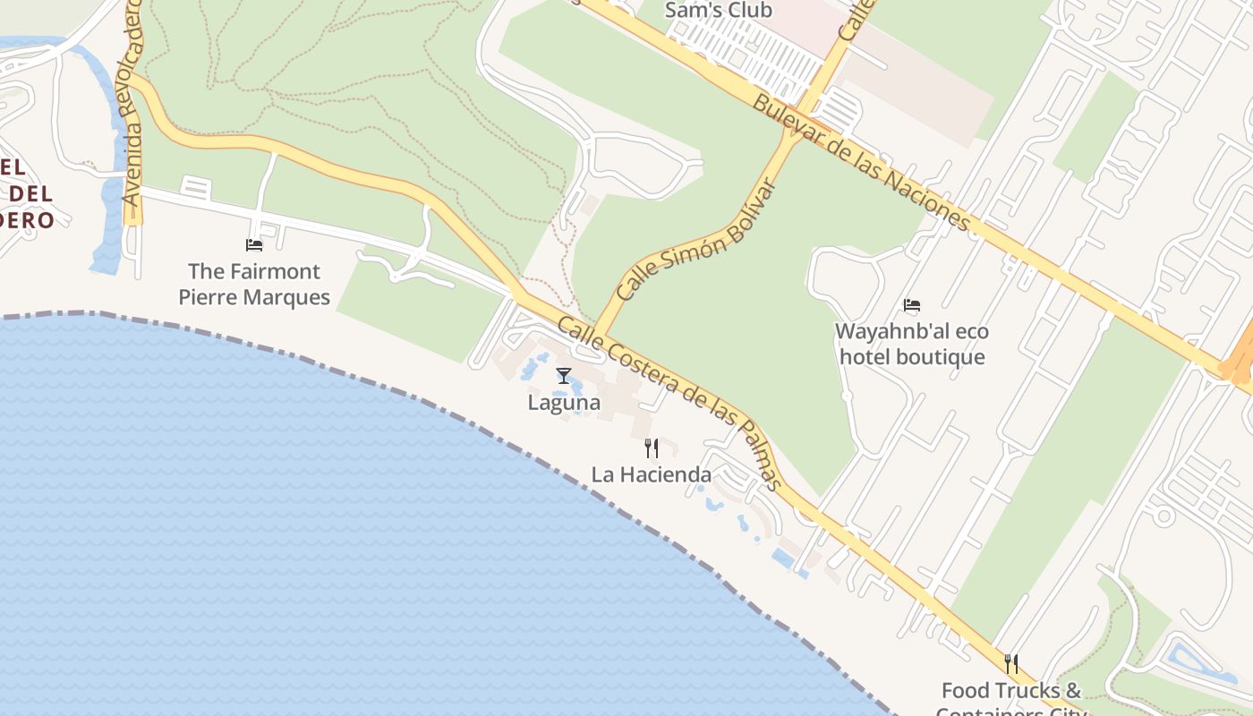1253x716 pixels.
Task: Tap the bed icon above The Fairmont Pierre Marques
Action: pyautogui.click(x=254, y=244)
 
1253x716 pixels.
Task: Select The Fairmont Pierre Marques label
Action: pyautogui.click(x=254, y=284)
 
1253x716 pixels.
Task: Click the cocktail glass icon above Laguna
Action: pyautogui.click(x=563, y=376)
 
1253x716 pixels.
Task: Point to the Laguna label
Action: pyautogui.click(x=564, y=403)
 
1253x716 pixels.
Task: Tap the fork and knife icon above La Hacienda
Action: pyautogui.click(x=652, y=447)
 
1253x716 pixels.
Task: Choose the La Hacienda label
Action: pyautogui.click(x=652, y=474)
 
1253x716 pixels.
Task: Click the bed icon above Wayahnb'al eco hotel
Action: pyautogui.click(x=911, y=305)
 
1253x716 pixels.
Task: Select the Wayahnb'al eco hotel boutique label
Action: pyautogui.click(x=911, y=345)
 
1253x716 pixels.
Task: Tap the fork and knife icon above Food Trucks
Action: pyautogui.click(x=1011, y=663)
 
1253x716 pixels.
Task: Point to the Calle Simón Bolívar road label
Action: pyautogui.click(x=695, y=239)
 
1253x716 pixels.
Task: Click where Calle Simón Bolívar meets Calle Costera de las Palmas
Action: pyautogui.click(x=598, y=333)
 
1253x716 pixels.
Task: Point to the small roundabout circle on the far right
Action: pyautogui.click(x=1163, y=516)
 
